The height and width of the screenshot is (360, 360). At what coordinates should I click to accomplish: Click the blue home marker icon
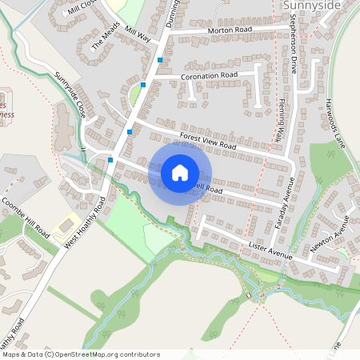point(180,172)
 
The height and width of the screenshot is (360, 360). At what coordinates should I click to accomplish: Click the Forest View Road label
point(208,141)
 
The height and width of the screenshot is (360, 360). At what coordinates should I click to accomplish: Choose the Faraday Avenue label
point(282,204)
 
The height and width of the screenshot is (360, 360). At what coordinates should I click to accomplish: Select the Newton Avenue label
point(330,238)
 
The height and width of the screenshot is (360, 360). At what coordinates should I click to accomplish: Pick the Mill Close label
point(82,8)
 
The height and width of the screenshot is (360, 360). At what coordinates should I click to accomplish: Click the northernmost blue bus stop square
point(161,60)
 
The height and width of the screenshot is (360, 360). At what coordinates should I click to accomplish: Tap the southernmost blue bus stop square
point(110,160)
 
